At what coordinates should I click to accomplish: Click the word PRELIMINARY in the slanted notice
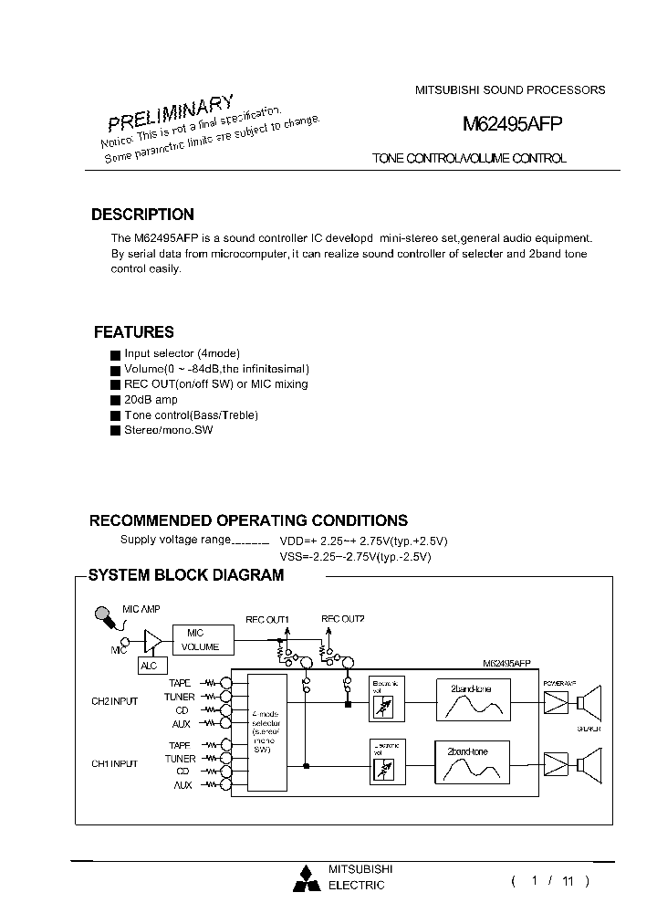[x=171, y=112]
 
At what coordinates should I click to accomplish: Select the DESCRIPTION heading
[x=142, y=215]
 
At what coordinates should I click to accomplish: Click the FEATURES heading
[x=134, y=332]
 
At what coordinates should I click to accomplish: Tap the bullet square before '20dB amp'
[x=115, y=401]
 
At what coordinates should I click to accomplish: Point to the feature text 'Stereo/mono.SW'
[x=168, y=430]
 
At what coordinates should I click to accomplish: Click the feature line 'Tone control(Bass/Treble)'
[x=191, y=415]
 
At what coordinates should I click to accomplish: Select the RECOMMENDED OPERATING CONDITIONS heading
[x=248, y=520]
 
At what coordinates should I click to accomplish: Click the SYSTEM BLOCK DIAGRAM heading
[x=185, y=575]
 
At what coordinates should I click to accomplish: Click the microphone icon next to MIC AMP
[x=107, y=620]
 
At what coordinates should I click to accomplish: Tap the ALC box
[x=149, y=666]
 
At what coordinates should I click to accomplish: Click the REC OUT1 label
[x=266, y=619]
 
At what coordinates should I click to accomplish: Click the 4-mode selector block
[x=267, y=732]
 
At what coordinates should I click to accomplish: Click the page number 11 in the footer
[x=568, y=881]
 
